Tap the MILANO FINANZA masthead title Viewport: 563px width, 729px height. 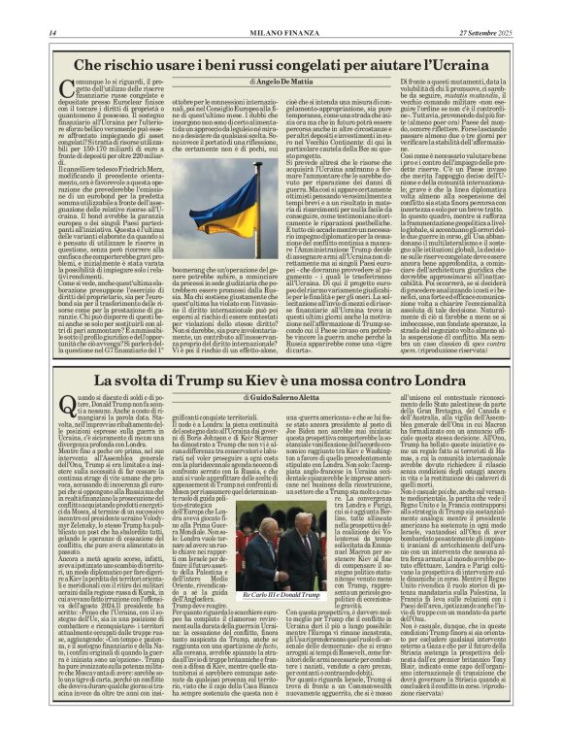coord(281,33)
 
